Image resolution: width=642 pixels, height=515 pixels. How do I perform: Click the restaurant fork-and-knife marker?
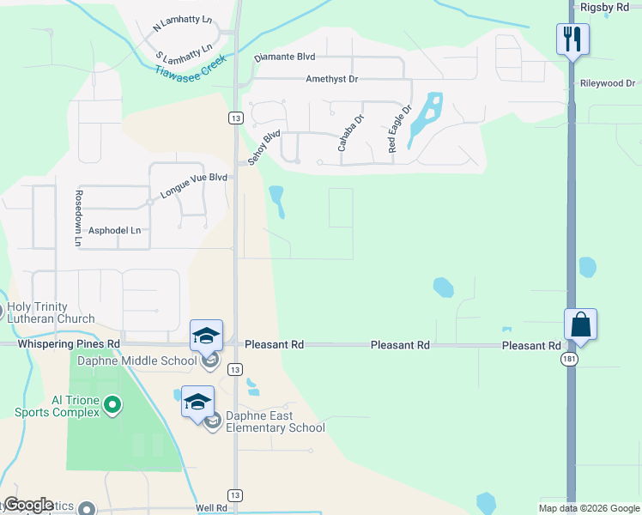click(572, 39)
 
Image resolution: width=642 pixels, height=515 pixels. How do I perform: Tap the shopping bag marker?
click(580, 324)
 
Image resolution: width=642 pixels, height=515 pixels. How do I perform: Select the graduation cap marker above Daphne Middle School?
click(207, 335)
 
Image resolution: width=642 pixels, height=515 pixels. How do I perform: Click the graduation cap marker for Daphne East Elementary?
click(197, 402)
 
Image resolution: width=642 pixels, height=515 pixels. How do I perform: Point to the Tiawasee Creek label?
click(190, 66)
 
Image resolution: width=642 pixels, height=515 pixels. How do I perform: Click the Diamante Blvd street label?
click(285, 58)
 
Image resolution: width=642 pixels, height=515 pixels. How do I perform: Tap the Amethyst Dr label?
click(331, 79)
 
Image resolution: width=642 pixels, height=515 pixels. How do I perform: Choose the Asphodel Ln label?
click(114, 231)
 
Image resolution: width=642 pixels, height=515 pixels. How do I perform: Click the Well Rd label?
click(211, 508)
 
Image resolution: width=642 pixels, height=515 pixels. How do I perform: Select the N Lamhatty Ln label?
click(183, 23)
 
